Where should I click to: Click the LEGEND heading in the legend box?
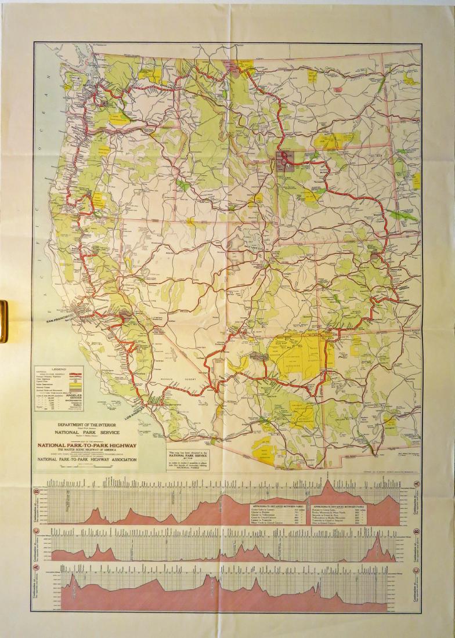59,369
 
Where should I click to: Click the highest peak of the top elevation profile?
329,483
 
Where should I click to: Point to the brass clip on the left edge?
2,321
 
